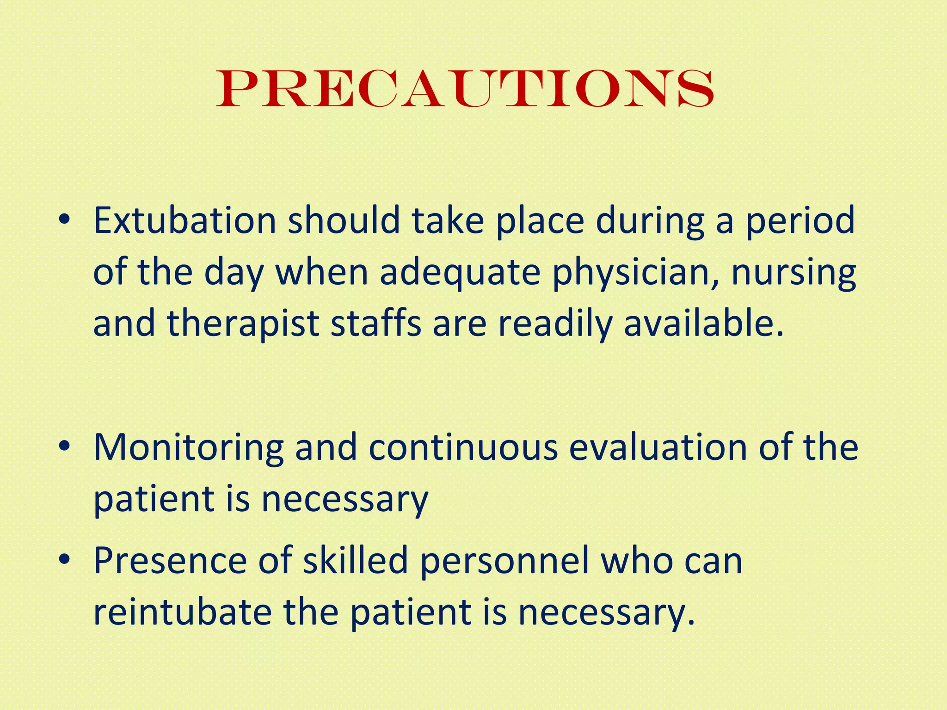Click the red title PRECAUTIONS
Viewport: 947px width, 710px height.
[465, 88]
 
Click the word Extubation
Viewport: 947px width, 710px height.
[184, 221]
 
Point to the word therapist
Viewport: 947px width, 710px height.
[243, 324]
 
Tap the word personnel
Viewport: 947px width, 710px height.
[504, 561]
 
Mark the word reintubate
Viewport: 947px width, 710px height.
[182, 612]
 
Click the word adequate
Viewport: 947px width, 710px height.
[460, 273]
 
